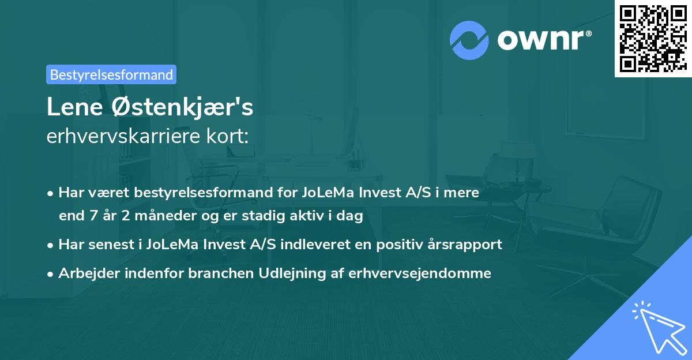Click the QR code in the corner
pyautogui.click(x=653, y=38)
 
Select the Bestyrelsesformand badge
pyautogui.click(x=111, y=74)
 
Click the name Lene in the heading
pyautogui.click(x=73, y=108)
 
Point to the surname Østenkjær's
pyautogui.click(x=179, y=108)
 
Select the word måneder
pyautogui.click(x=156, y=216)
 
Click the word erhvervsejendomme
pyautogui.click(x=420, y=273)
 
